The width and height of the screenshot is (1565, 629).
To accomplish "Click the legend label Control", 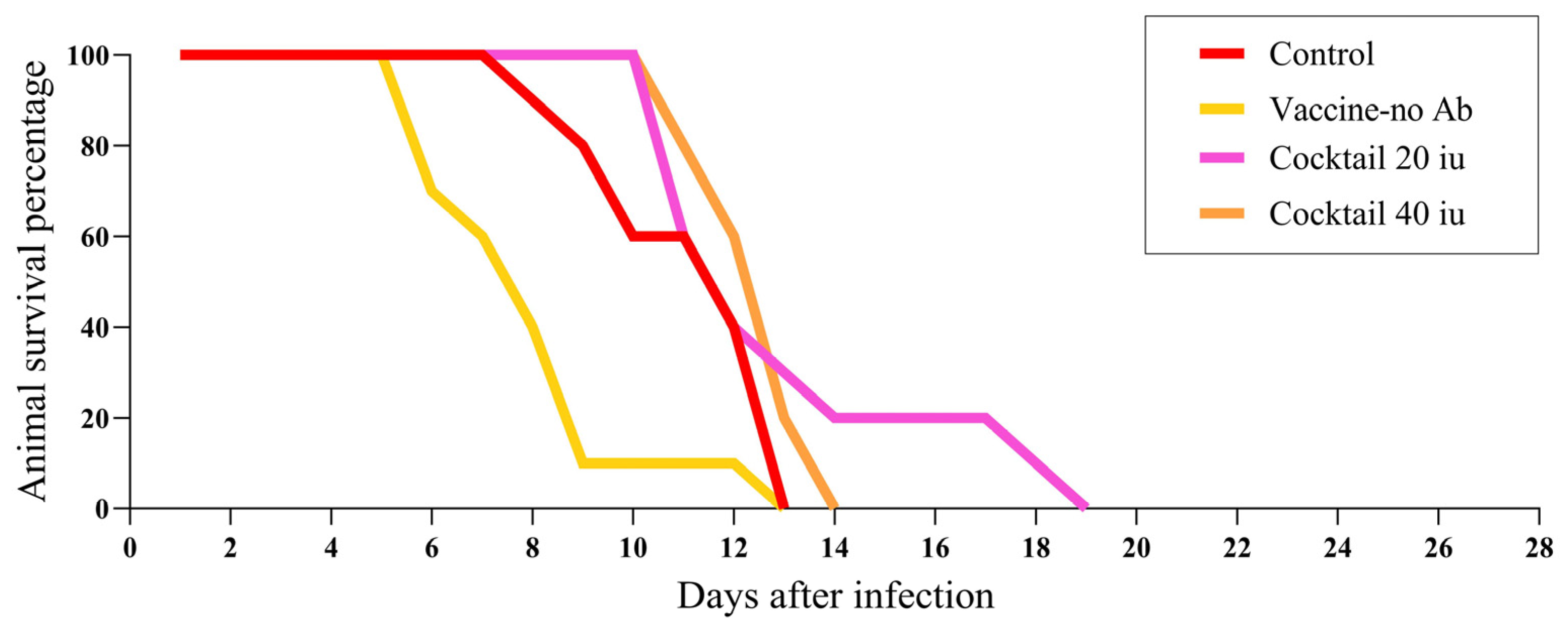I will pos(1321,54).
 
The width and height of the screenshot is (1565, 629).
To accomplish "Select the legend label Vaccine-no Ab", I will pos(1370,109).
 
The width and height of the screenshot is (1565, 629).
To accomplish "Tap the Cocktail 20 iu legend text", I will pos(1367,159).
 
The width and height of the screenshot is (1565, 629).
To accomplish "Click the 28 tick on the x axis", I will pos(1538,548).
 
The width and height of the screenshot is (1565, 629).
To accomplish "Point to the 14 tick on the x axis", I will pos(834,548).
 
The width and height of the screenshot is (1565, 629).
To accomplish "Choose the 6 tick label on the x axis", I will pos(431,548).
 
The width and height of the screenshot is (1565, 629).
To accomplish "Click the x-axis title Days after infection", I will pos(835,596).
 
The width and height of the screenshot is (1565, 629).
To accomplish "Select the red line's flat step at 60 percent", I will pos(659,236).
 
